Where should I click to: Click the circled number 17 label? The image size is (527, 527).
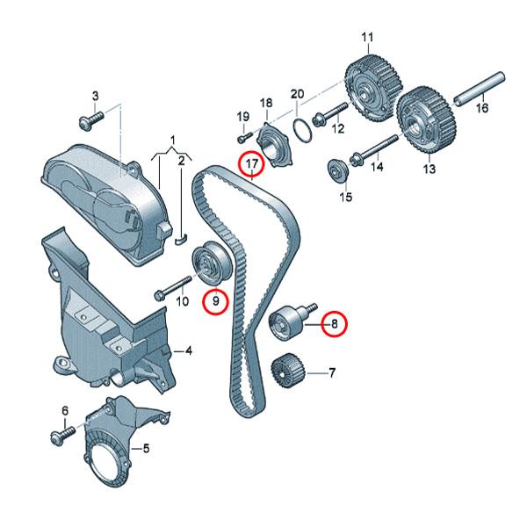click(252, 163)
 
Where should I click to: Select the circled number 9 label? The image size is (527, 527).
click(214, 302)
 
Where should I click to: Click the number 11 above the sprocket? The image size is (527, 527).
click(367, 37)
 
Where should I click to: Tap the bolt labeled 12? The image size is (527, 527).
click(326, 113)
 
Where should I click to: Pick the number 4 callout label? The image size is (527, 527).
click(189, 350)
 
